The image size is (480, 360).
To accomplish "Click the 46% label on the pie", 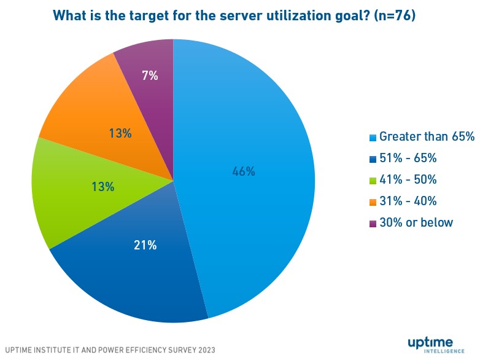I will coord(243,172).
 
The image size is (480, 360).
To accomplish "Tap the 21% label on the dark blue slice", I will coord(145,245).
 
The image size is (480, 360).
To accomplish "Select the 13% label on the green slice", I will coord(103,187).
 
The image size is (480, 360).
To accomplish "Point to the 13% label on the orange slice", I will coord(120,133).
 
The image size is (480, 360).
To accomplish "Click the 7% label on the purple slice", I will coord(150,76).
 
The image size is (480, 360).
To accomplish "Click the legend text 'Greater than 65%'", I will coord(427,137).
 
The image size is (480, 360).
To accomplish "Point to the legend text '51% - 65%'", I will coord(408,158).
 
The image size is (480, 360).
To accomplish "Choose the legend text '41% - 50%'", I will coord(408,180).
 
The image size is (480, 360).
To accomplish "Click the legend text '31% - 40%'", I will coord(408,202).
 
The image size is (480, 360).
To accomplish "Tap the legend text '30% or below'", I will coord(416,223).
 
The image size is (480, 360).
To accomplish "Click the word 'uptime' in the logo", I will coord(430,342).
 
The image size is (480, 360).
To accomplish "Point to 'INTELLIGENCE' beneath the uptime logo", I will coord(443,353).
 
